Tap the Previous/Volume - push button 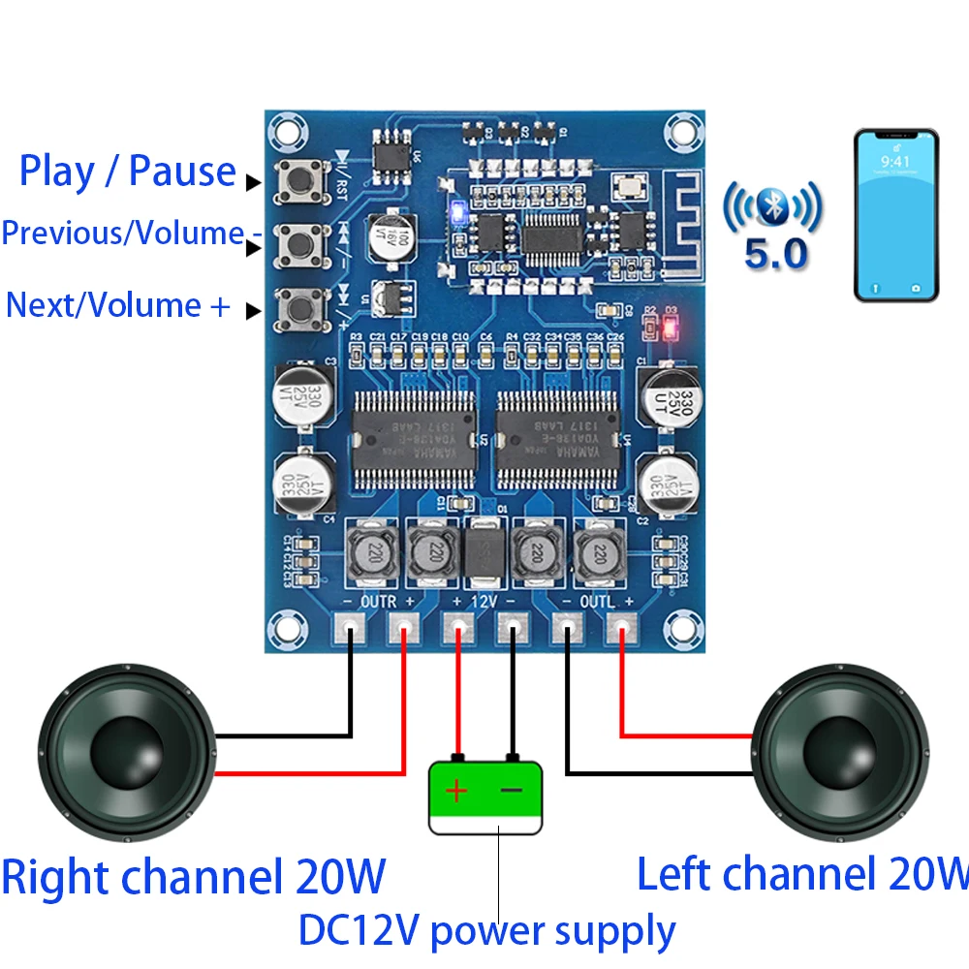click(298, 244)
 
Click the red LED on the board click(670, 329)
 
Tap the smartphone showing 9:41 click(896, 214)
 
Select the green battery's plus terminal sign click(456, 792)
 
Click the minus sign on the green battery click(511, 792)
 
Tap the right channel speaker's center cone click(126, 751)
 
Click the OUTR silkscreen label click(379, 602)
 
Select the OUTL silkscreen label click(597, 602)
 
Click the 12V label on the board click(484, 602)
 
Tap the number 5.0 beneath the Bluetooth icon click(775, 255)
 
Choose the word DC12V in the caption click(359, 930)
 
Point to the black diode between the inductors click(485, 555)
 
